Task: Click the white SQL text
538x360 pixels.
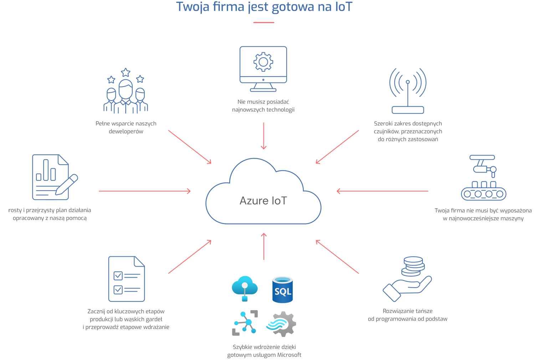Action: pyautogui.click(x=283, y=292)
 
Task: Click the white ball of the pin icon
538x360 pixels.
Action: pyautogui.click(x=245, y=285)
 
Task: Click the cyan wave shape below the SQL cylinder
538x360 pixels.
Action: pyautogui.click(x=275, y=324)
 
